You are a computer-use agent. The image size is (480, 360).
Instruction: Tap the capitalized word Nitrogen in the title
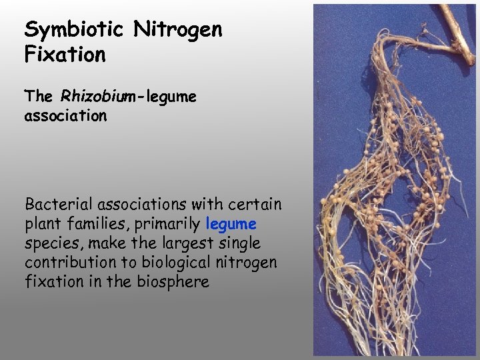(x=178, y=30)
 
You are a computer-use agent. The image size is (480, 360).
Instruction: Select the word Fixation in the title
(x=65, y=55)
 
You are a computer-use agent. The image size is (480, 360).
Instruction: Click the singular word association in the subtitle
(x=65, y=116)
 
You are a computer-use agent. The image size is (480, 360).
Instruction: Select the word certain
(x=257, y=203)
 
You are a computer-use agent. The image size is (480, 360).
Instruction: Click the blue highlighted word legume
(x=231, y=223)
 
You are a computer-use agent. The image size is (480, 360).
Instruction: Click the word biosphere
(x=175, y=281)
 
